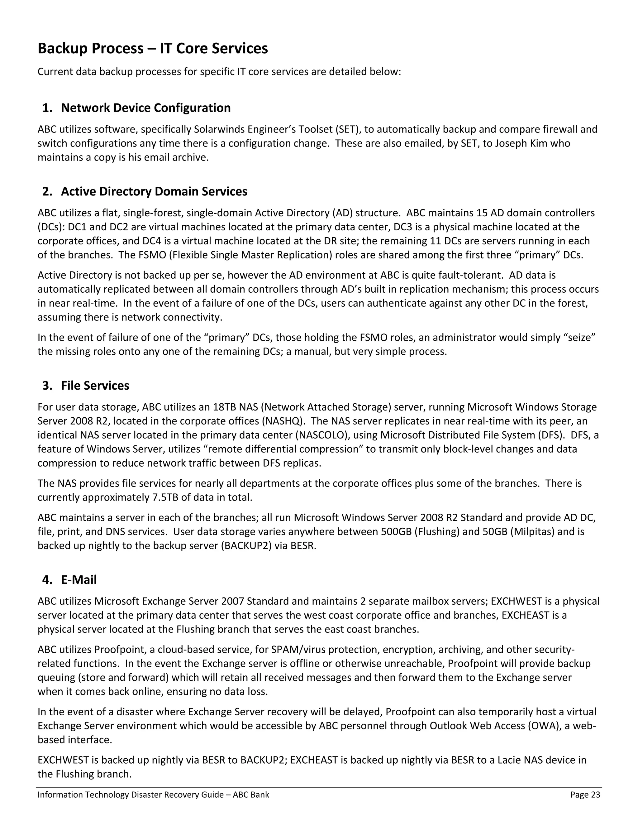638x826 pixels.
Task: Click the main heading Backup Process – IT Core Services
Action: click(x=153, y=48)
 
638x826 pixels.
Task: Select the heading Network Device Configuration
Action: click(x=145, y=108)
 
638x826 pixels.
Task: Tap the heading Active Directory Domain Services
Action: click(x=154, y=191)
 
